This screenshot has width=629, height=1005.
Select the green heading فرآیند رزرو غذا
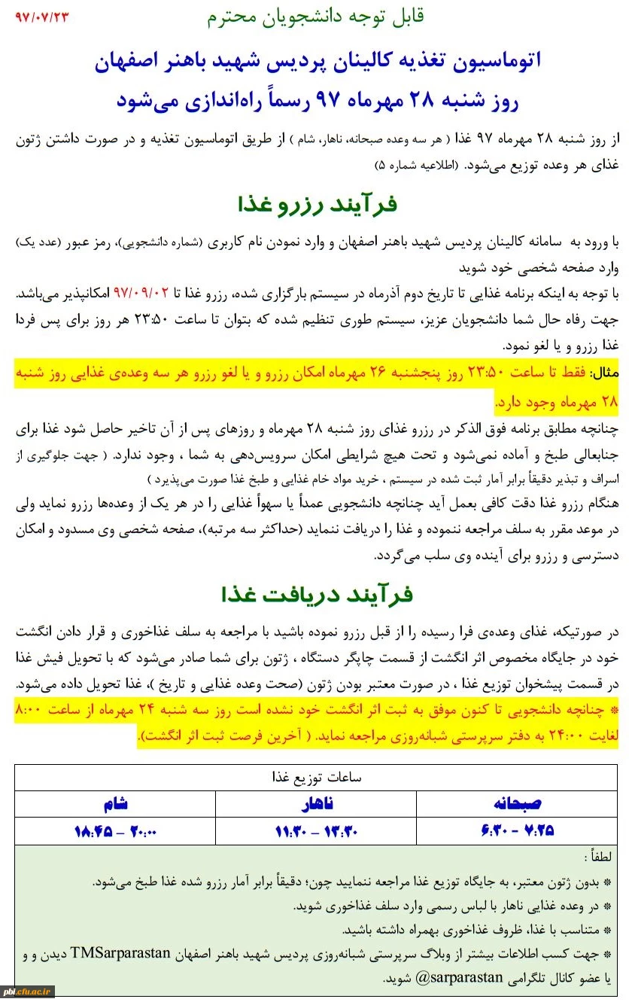pyautogui.click(x=316, y=203)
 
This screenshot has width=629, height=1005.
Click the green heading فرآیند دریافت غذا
pyautogui.click(x=316, y=595)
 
